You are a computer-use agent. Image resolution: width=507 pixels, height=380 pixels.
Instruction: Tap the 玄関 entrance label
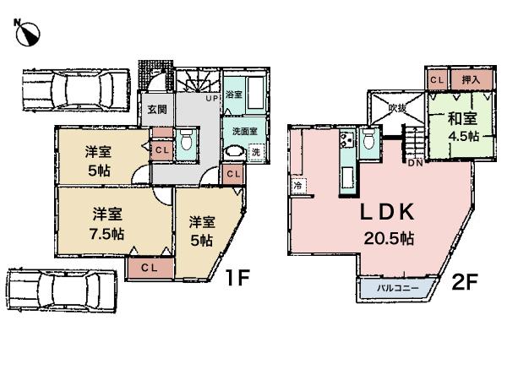click(x=158, y=109)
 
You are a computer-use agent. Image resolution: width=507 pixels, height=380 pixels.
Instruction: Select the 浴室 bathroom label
click(x=234, y=94)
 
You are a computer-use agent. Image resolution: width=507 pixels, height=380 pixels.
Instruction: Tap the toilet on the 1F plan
click(x=187, y=141)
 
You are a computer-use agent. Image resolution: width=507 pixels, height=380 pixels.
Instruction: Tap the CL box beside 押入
click(x=437, y=79)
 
